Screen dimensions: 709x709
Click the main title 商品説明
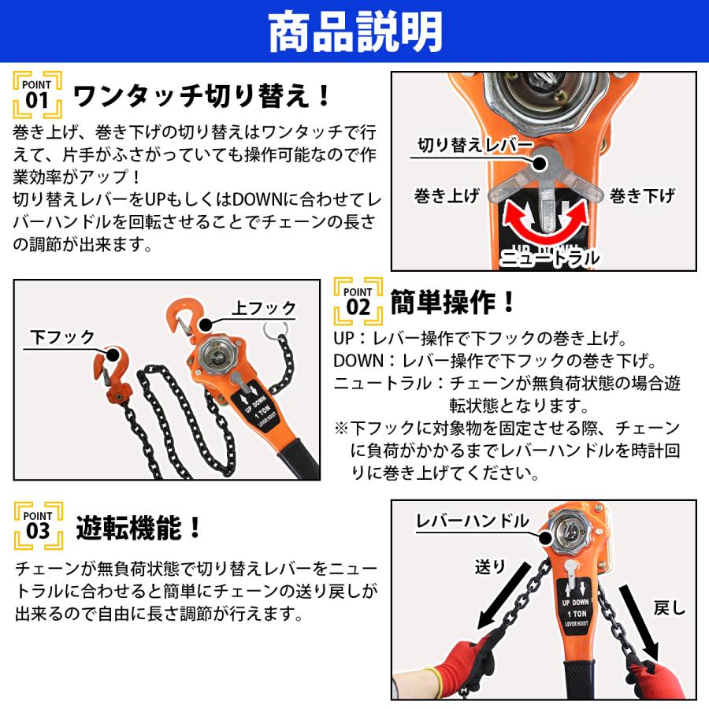point(354,33)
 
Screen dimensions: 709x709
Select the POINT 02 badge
point(358,299)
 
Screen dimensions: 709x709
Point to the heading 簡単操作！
point(453,300)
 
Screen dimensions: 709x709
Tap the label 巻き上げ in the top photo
point(446,196)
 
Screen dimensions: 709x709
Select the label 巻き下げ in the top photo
point(643,196)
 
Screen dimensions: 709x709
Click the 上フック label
point(263,307)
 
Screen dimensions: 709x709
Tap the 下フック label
point(62,337)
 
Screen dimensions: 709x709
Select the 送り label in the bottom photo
point(488,565)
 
